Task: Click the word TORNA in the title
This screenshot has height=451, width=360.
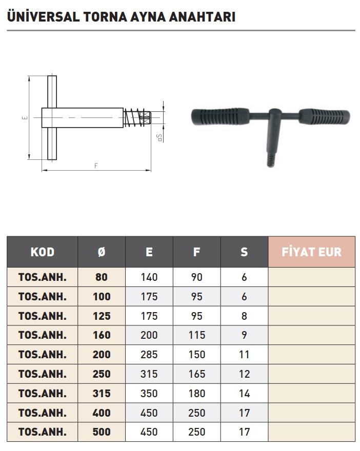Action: tap(105, 17)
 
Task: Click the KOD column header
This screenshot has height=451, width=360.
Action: tap(42, 252)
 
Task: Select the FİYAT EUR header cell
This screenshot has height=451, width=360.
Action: tap(312, 252)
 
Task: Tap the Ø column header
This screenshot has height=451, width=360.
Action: tap(102, 252)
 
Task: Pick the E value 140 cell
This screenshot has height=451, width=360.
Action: tap(149, 277)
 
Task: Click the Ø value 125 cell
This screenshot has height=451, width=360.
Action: tap(102, 316)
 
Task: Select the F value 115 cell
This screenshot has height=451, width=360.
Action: tap(197, 335)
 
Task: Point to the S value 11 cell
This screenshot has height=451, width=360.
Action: tap(244, 354)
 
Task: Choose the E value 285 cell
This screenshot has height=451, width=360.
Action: tap(149, 354)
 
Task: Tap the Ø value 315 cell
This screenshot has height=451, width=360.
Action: tap(102, 393)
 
